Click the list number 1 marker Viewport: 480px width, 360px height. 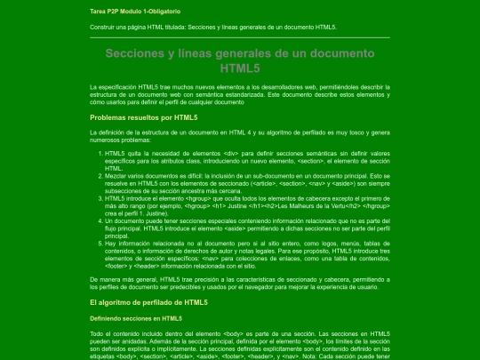100,153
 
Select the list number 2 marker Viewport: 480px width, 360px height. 100,177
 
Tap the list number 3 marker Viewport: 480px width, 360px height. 100,197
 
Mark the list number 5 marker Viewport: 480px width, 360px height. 100,243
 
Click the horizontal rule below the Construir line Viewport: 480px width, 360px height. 240,37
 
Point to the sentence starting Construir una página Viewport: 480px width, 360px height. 213,28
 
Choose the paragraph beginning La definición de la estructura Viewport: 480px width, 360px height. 240,136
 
